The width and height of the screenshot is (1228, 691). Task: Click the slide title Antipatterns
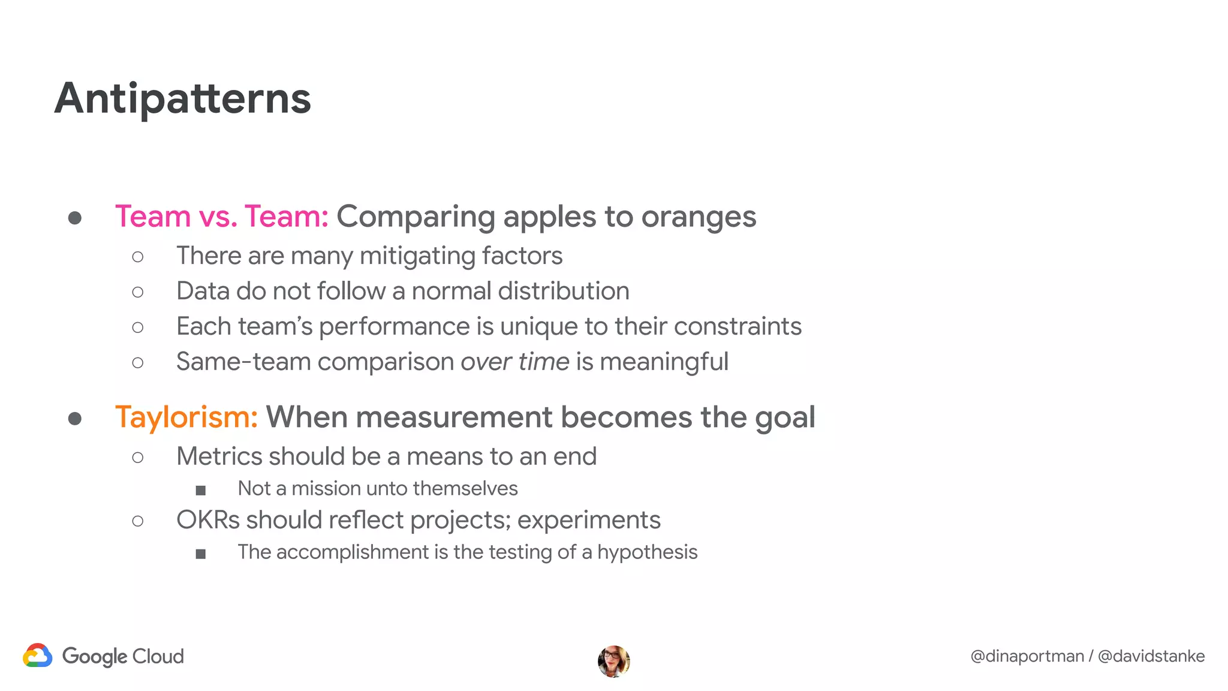[x=183, y=99]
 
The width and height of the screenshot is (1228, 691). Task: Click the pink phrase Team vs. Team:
[x=221, y=217]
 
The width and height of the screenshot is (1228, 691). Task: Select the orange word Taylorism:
[x=186, y=417]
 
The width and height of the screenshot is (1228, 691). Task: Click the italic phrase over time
[x=514, y=362]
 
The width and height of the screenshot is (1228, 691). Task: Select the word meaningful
[x=664, y=362]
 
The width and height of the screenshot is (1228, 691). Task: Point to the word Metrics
[x=219, y=456]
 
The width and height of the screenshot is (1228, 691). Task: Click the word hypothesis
[x=648, y=552]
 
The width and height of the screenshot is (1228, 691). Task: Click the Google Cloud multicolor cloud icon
[x=37, y=656]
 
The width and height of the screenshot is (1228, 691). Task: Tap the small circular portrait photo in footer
[x=613, y=662]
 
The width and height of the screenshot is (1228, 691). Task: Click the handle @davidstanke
[x=1151, y=656]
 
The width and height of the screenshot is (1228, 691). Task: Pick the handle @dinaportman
[x=1027, y=656]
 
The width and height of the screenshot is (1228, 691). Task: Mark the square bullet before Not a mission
[x=201, y=491]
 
